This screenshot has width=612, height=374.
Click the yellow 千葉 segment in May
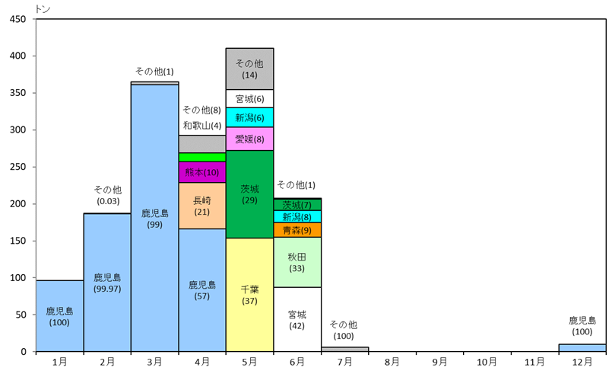click(x=249, y=294)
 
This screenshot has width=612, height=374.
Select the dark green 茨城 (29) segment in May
click(x=249, y=193)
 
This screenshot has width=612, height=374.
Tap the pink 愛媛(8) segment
click(x=249, y=139)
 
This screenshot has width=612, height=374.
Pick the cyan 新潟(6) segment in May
click(x=249, y=117)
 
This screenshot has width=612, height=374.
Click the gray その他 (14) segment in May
click(x=249, y=69)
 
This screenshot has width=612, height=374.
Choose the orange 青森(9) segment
click(x=297, y=229)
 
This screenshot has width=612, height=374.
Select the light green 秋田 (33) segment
click(x=297, y=262)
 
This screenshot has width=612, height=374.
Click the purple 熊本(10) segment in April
click(x=202, y=172)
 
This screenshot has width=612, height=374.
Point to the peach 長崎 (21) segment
click(x=202, y=206)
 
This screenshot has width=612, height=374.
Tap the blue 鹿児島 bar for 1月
click(x=59, y=316)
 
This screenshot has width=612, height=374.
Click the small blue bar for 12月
click(x=582, y=348)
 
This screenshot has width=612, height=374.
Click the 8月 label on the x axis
click(x=392, y=362)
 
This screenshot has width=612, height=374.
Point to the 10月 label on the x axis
click(x=487, y=362)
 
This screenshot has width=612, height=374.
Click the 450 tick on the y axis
click(x=17, y=19)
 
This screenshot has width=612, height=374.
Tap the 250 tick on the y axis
click(x=17, y=167)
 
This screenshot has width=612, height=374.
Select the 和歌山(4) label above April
click(x=202, y=125)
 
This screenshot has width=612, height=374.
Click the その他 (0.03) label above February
click(x=107, y=195)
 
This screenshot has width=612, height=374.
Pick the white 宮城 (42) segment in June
click(x=297, y=319)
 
